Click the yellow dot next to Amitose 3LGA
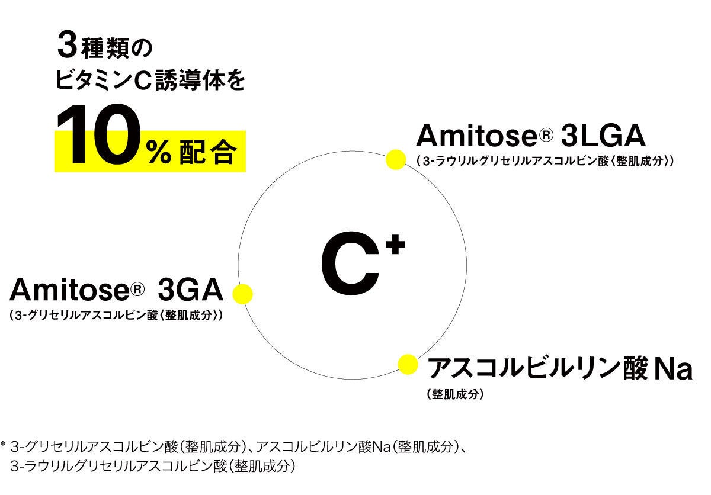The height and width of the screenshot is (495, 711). (395, 160)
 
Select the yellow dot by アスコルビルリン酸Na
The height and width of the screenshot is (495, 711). (407, 364)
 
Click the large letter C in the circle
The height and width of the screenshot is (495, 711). (350, 269)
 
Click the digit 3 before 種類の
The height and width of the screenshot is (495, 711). (67, 46)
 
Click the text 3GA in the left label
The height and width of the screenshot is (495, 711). (191, 291)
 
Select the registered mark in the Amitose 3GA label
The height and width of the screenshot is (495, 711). (137, 290)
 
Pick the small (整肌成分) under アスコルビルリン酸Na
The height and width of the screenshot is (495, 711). (455, 394)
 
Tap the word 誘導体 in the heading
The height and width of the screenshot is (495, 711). (193, 82)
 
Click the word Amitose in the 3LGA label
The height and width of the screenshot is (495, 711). (475, 136)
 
